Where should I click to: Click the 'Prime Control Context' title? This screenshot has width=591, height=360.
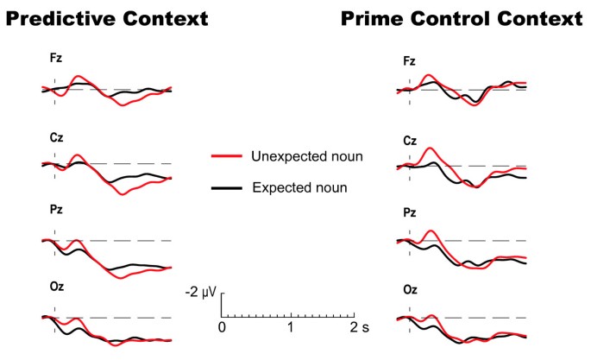pyautogui.click(x=462, y=17)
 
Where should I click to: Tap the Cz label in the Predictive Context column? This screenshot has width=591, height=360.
pyautogui.click(x=56, y=137)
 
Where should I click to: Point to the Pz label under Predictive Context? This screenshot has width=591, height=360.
pyautogui.click(x=56, y=209)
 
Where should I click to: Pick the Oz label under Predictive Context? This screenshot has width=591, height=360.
pyautogui.click(x=56, y=286)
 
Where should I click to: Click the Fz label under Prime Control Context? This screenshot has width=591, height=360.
pyautogui.click(x=410, y=61)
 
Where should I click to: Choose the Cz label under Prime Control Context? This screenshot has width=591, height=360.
pyautogui.click(x=410, y=141)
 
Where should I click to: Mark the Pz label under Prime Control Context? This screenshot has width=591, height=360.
pyautogui.click(x=410, y=211)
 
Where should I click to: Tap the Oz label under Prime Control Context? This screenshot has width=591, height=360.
pyautogui.click(x=410, y=291)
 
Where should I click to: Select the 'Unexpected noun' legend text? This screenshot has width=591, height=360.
pyautogui.click(x=307, y=156)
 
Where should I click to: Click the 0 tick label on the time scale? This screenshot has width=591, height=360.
pyautogui.click(x=222, y=328)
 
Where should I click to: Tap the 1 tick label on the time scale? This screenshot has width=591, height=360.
pyautogui.click(x=291, y=328)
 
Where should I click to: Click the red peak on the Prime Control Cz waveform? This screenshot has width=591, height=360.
pyautogui.click(x=431, y=148)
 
